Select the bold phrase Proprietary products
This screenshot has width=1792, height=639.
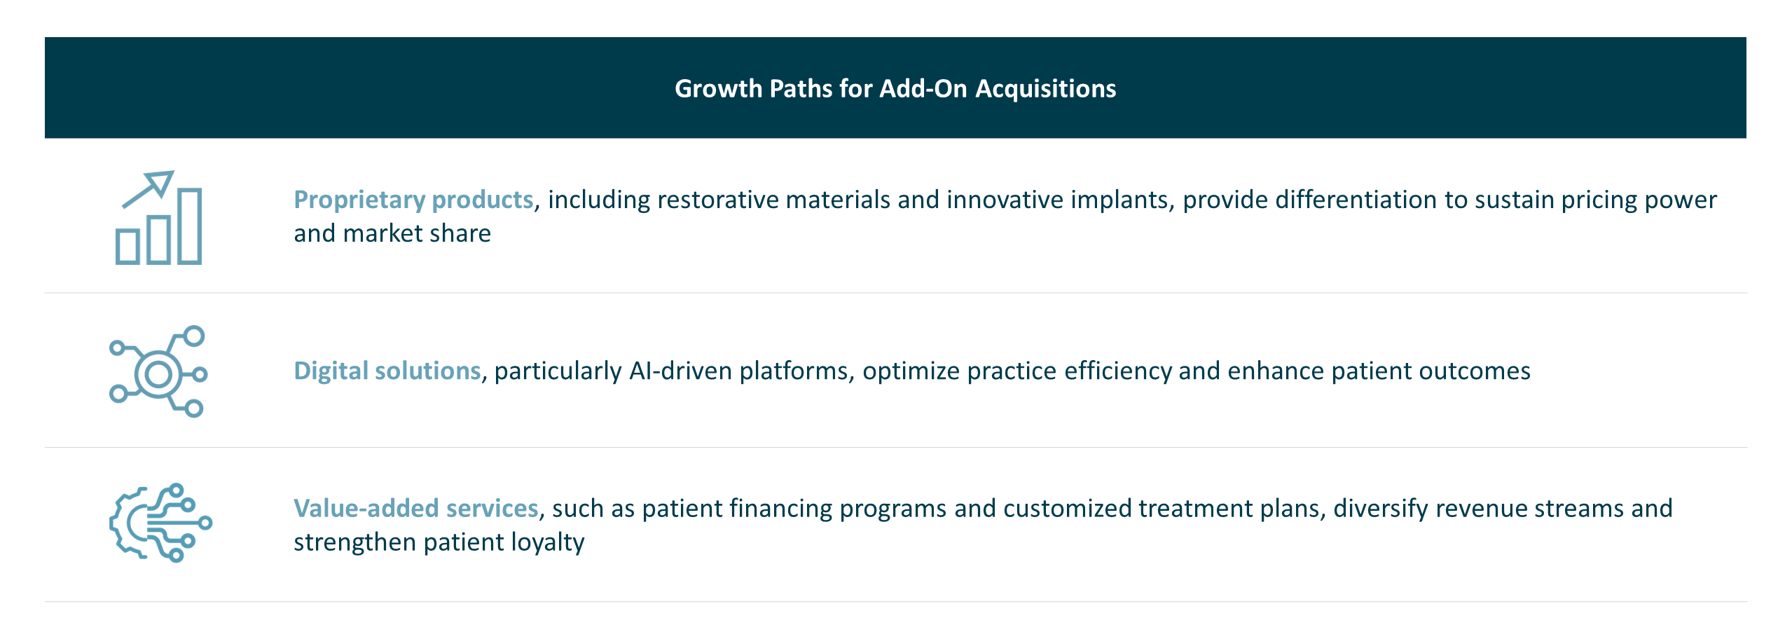(413, 200)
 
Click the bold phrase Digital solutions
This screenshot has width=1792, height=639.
(387, 371)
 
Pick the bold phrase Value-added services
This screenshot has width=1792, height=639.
(415, 508)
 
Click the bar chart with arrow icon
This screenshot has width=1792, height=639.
(159, 218)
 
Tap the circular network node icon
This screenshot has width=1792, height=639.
(158, 371)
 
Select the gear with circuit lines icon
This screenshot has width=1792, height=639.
(160, 523)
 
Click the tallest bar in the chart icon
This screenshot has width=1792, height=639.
(189, 226)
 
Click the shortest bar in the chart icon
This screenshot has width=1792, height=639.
(127, 247)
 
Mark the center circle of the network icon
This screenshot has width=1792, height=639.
(158, 374)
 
